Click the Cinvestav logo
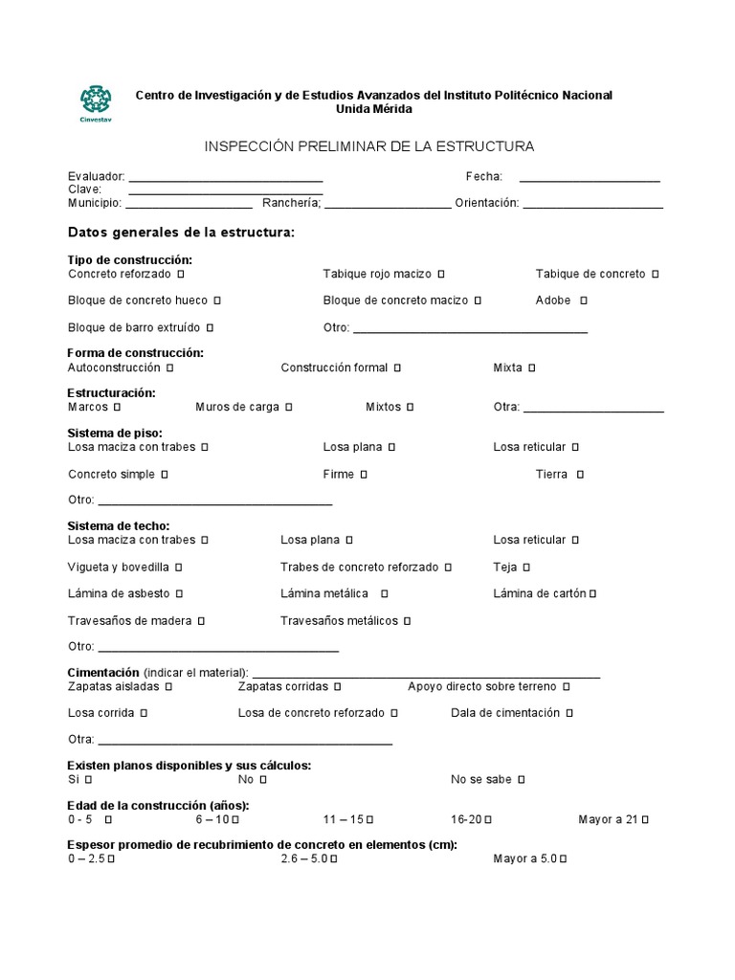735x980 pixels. tap(95, 103)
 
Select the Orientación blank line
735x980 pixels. tap(592, 204)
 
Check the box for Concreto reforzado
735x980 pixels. tap(181, 274)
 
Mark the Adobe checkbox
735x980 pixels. tap(584, 301)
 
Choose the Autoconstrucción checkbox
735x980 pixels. tap(169, 367)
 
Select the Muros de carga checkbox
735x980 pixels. tap(288, 407)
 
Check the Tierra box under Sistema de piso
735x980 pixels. tap(580, 475)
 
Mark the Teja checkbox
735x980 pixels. tap(526, 567)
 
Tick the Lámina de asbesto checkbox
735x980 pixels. tap(179, 593)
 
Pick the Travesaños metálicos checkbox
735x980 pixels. tap(407, 621)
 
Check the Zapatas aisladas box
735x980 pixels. tap(168, 686)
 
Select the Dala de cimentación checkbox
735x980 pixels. tap(569, 713)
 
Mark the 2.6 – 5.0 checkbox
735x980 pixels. tap(333, 859)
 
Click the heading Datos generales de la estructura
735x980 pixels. tap(182, 233)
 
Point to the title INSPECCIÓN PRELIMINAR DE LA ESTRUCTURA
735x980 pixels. tap(369, 146)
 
